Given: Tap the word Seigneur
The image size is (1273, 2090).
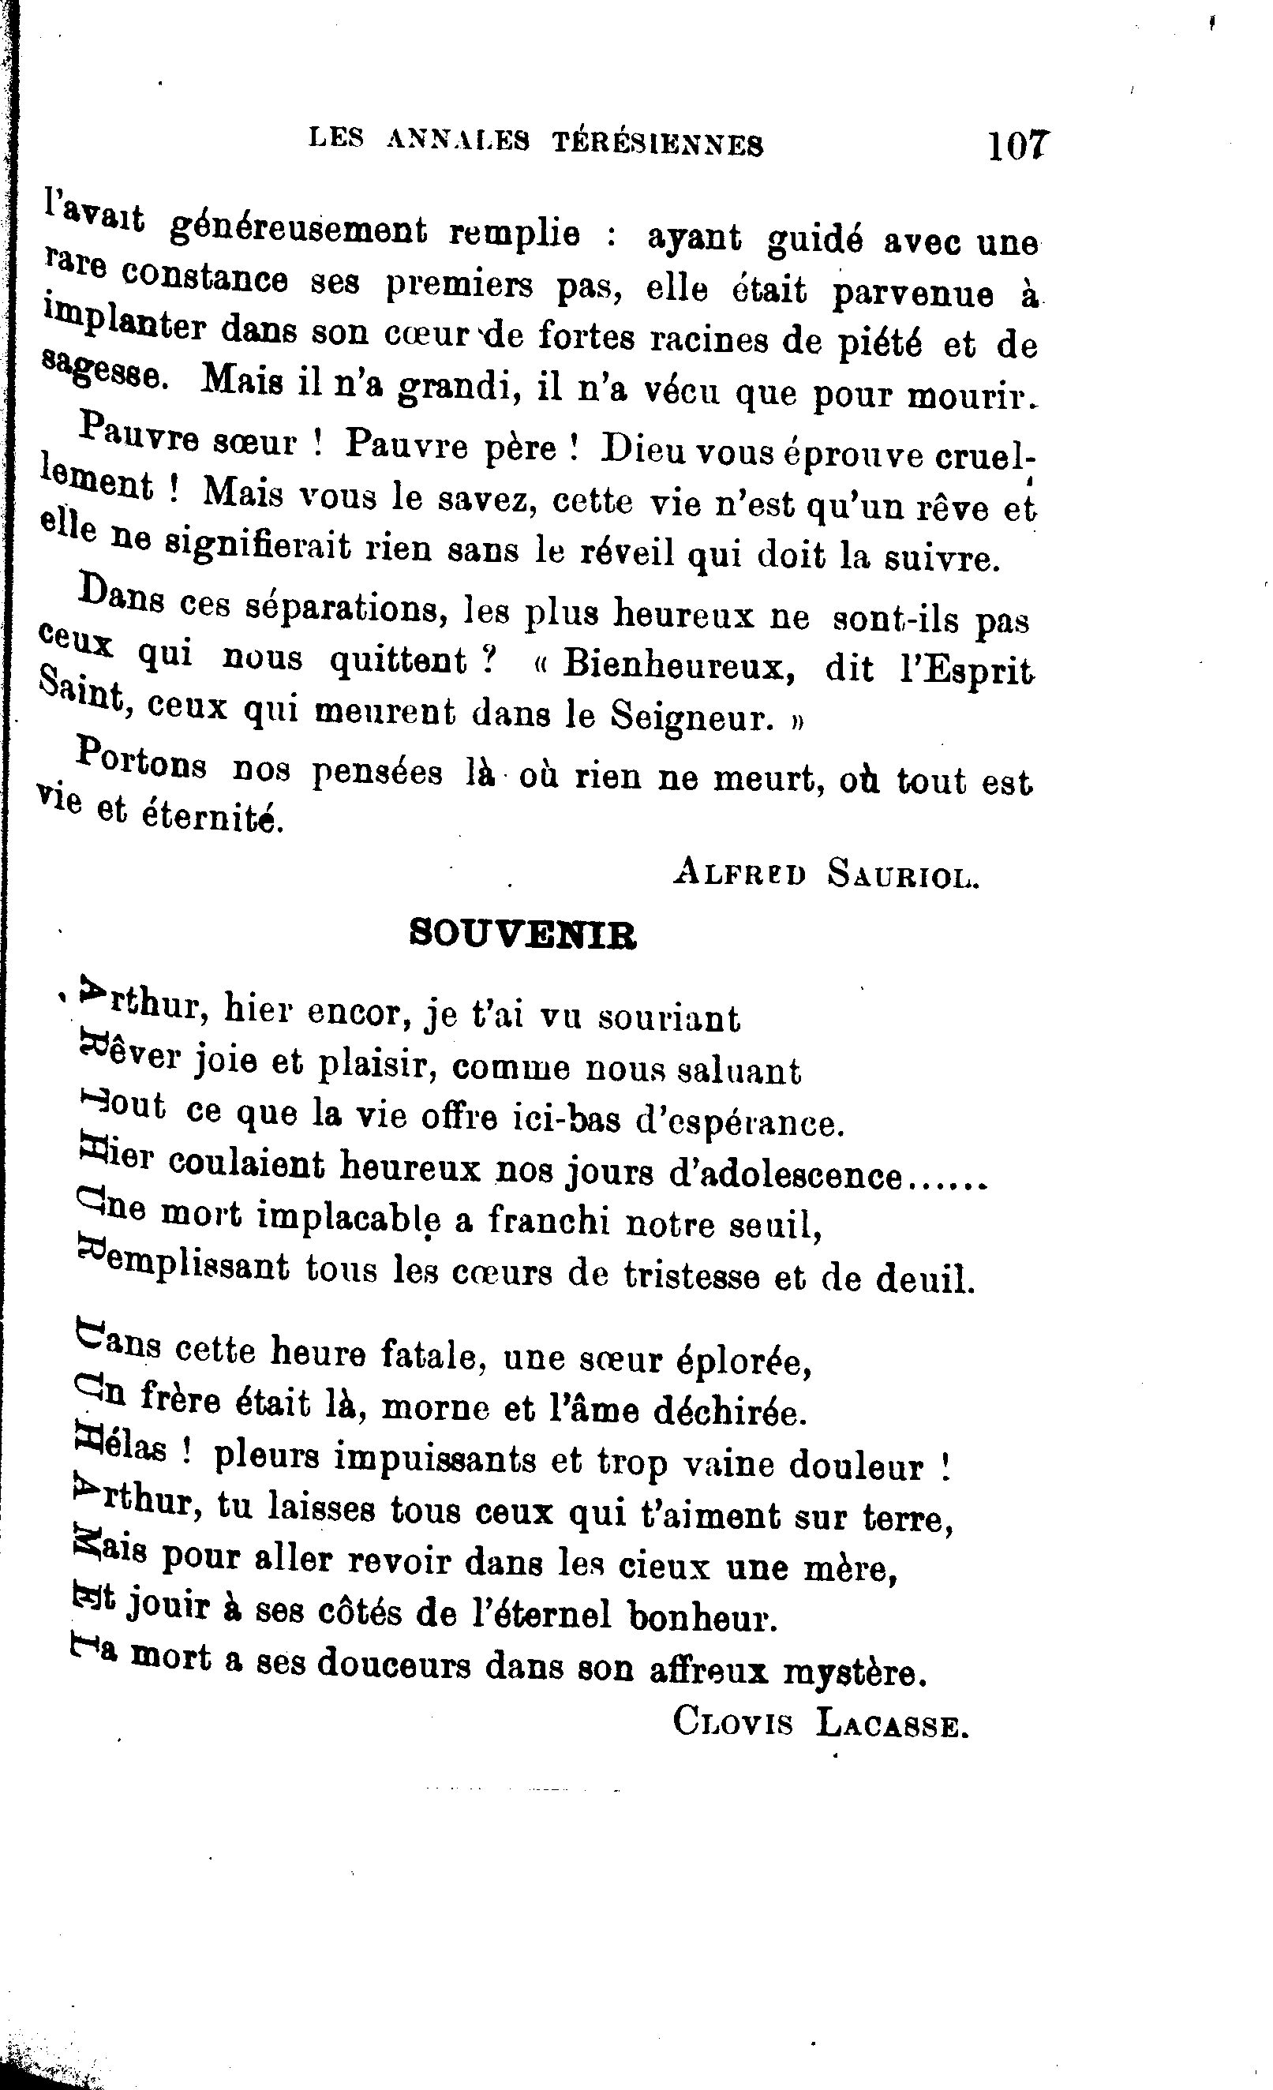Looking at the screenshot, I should click(692, 717).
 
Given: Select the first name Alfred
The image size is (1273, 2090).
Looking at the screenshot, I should click(739, 872).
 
